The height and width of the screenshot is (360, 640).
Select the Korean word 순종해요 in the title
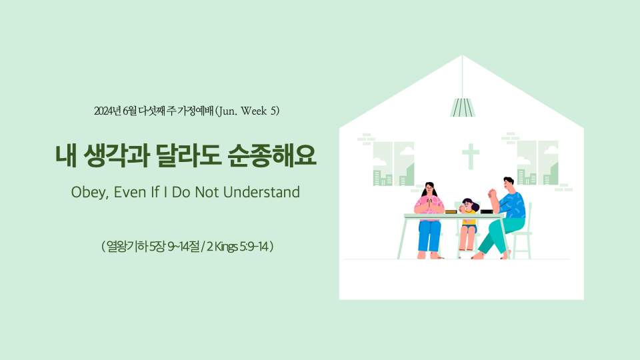(272, 155)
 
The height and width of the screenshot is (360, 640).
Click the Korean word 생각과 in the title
(116, 155)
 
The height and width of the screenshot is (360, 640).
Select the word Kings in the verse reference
(226, 247)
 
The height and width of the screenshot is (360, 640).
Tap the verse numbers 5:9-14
(253, 247)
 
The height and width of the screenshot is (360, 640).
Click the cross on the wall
(471, 156)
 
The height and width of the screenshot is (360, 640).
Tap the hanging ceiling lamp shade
(463, 107)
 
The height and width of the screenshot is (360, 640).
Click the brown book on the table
(451, 212)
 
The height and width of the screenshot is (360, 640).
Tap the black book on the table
(487, 211)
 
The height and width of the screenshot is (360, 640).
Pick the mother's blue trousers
(429, 235)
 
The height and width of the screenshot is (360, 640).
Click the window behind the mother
(393, 164)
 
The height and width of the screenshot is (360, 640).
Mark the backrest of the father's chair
(529, 216)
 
